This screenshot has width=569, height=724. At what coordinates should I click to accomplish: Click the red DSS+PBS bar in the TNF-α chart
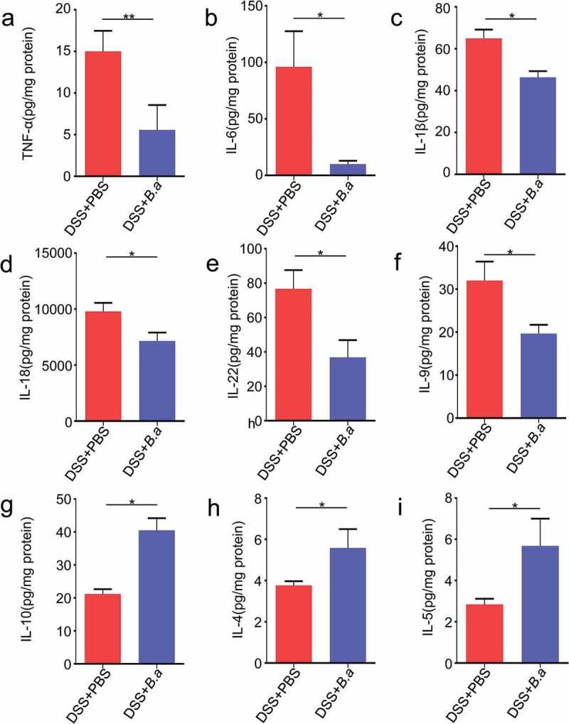(x=103, y=114)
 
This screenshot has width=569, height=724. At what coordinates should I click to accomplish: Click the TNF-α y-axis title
(x=28, y=90)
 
